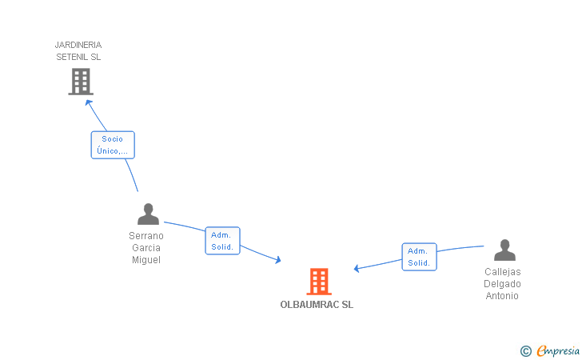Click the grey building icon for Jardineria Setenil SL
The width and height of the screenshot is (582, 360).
(81, 82)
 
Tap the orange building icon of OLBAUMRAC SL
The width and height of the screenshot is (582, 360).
(319, 282)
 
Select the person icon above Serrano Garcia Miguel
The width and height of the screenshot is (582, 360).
(148, 214)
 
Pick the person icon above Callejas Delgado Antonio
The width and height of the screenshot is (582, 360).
(504, 250)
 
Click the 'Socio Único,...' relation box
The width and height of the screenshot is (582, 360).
(112, 145)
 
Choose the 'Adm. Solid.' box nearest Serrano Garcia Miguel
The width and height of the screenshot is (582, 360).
(222, 241)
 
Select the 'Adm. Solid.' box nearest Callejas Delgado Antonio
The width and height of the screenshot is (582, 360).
(419, 257)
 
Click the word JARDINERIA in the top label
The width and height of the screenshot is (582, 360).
(78, 45)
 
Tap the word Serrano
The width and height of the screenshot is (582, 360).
(146, 236)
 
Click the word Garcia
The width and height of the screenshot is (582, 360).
(146, 248)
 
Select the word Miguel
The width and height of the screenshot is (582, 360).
(146, 260)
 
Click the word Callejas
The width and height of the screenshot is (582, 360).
(502, 272)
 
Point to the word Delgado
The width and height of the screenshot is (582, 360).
(502, 284)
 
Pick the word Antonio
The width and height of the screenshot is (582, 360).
(502, 296)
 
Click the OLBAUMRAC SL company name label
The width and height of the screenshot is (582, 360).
(317, 305)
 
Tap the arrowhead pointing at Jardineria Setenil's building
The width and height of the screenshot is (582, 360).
(89, 102)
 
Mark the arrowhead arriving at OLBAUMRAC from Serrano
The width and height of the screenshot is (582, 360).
(277, 259)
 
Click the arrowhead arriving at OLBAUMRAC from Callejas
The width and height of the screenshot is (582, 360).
(357, 269)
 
